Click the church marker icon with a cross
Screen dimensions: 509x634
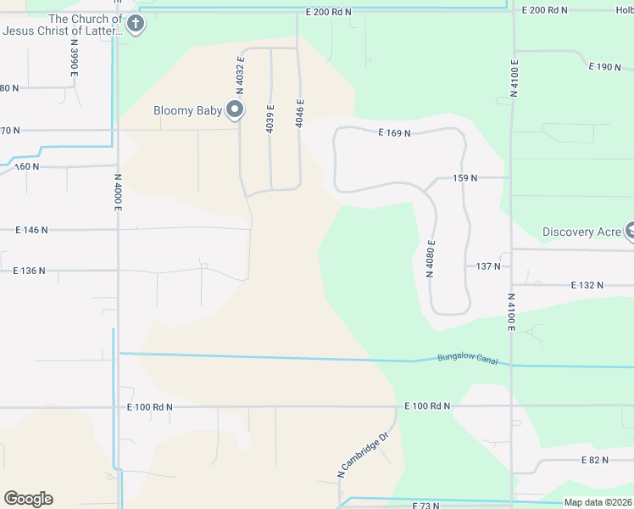pos(136,25)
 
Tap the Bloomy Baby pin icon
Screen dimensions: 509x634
pos(235,109)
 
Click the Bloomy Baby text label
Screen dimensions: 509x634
pos(187,110)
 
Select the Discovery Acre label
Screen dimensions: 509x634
pos(581,232)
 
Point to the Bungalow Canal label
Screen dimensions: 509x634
pos(467,359)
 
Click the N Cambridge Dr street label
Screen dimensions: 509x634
pos(362,456)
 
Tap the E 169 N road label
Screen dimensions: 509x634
pos(394,133)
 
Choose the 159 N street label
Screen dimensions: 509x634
pos(465,178)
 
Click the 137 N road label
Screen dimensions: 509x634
pos(487,266)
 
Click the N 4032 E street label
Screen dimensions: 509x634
pos(241,80)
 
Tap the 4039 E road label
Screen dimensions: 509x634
pos(270,118)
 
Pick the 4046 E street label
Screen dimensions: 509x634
pos(299,113)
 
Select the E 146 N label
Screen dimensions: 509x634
pos(31,230)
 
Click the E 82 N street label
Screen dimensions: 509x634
pos(595,460)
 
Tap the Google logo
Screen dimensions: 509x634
pos(28,499)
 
